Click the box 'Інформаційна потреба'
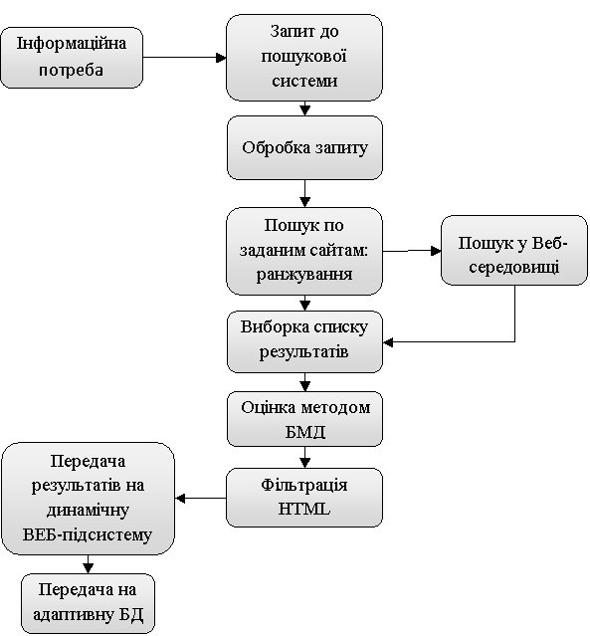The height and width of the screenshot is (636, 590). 72,58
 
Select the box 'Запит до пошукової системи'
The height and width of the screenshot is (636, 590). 304,58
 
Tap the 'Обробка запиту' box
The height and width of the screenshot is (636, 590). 304,147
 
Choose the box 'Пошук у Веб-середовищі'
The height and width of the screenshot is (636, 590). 514,250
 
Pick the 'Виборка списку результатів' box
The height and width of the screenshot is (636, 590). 304,341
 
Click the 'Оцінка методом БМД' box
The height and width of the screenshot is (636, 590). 304,419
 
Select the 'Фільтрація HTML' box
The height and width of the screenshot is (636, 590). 304,498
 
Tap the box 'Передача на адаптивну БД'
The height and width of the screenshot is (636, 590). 88,603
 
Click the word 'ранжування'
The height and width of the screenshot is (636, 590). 304,275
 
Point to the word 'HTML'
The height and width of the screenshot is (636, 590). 304,509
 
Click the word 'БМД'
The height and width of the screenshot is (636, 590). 304,432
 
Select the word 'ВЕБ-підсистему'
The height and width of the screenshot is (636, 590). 88,534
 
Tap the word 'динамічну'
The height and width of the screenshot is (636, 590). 88,510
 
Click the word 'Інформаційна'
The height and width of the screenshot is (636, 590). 72,44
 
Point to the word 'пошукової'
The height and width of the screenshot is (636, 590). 303,56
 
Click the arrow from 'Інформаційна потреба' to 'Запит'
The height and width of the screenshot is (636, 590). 184,58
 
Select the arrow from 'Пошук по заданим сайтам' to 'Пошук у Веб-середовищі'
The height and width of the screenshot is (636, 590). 412,251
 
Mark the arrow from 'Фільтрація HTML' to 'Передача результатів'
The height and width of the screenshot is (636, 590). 201,498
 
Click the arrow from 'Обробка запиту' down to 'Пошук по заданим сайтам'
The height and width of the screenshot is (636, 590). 304,193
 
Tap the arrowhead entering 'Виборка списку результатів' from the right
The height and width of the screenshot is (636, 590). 388,342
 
